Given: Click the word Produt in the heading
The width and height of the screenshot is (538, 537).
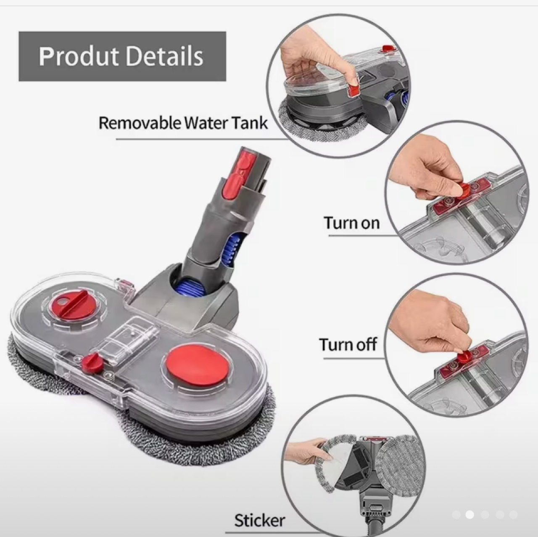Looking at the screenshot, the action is click(79, 56).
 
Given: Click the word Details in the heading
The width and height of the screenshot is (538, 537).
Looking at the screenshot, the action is click(164, 56).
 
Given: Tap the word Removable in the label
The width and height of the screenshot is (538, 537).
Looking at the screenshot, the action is click(140, 123).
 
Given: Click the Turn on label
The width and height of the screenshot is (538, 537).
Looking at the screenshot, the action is click(352, 223).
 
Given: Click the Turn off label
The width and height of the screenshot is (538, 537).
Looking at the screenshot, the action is click(348, 344).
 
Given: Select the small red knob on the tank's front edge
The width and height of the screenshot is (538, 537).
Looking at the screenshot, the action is click(91, 362).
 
